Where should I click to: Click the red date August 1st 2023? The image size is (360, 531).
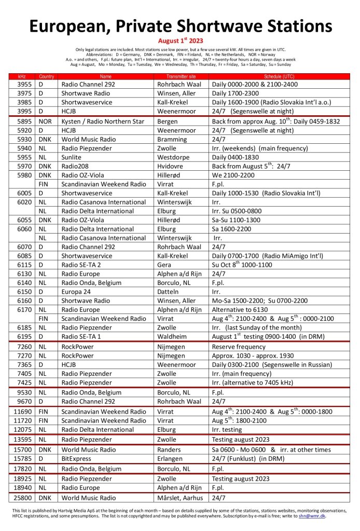(180, 40)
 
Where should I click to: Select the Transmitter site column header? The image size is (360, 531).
(181, 76)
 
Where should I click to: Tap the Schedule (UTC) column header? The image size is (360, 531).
(280, 76)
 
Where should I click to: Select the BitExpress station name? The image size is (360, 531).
(76, 459)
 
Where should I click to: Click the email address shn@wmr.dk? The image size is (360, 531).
(313, 516)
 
